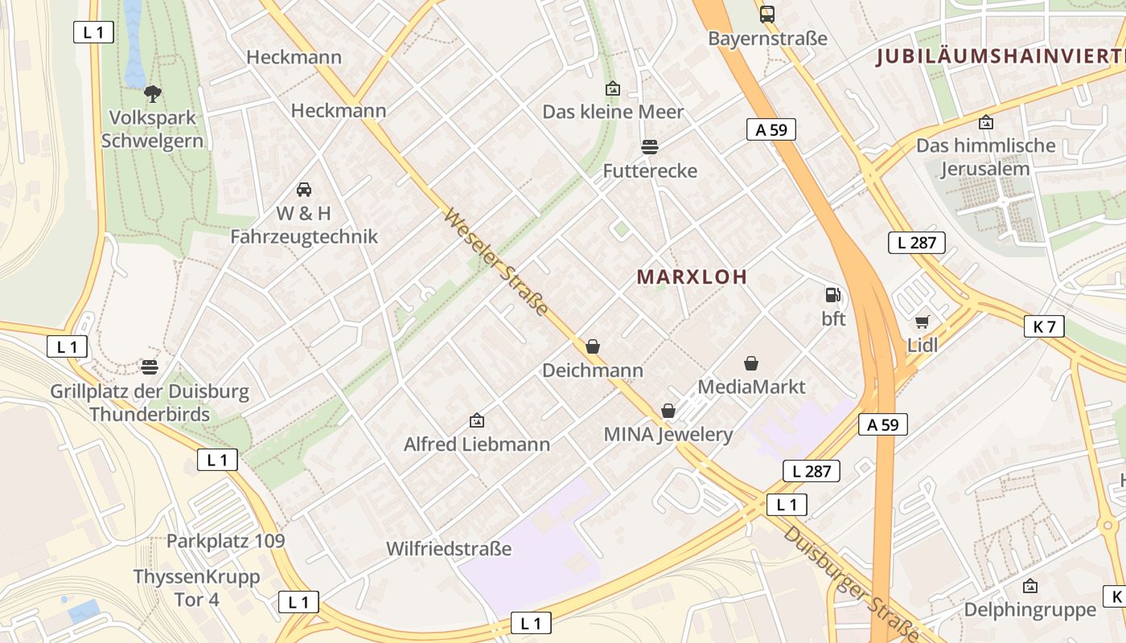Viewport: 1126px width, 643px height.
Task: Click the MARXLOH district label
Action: pos(692,277)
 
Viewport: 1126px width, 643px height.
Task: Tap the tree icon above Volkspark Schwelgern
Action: pos(152,93)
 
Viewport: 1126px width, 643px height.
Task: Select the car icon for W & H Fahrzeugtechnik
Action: pos(304,190)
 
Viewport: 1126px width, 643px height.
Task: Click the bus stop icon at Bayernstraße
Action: pos(767,14)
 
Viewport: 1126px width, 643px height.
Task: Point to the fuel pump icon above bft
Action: pos(833,295)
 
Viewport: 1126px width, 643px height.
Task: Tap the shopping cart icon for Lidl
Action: pos(922,322)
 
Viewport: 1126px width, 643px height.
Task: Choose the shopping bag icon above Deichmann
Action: pos(593,346)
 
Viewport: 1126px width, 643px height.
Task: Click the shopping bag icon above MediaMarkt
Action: pos(751,363)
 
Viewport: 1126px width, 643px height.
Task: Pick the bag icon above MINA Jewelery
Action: pos(668,411)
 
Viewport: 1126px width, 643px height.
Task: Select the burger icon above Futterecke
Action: pos(650,146)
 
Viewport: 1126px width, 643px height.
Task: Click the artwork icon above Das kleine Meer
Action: pos(613,88)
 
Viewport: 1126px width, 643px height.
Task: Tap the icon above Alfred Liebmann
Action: pos(477,420)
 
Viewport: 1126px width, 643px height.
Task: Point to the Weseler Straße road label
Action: pos(495,263)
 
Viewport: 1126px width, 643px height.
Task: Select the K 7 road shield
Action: pos(1045,326)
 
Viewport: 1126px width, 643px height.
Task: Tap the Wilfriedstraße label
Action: pos(449,550)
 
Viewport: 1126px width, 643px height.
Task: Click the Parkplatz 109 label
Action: pos(226,541)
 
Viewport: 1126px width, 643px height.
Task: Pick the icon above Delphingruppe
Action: pos(1030,586)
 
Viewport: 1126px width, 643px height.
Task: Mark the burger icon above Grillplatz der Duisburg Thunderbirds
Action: pos(150,368)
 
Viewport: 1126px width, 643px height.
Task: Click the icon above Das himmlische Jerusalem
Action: pos(986,122)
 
